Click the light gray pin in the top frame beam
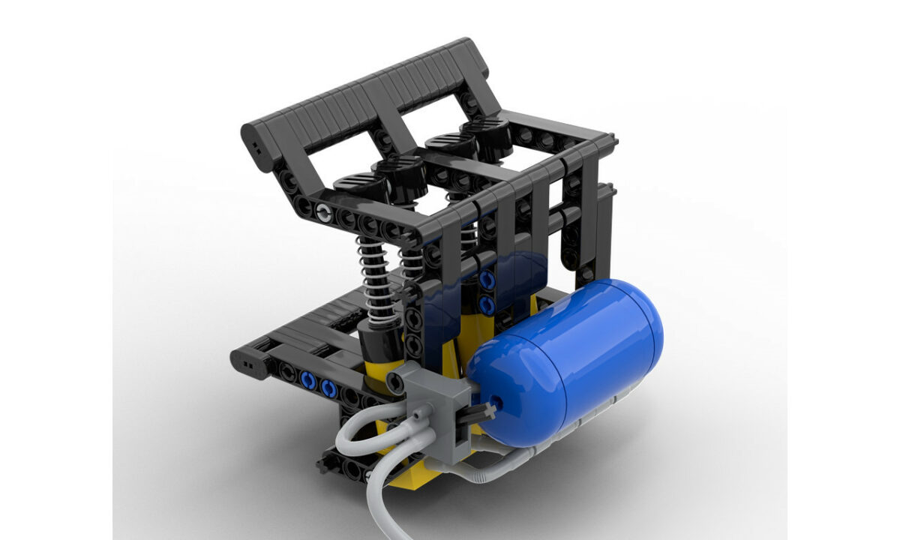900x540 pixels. coord(322,212)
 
